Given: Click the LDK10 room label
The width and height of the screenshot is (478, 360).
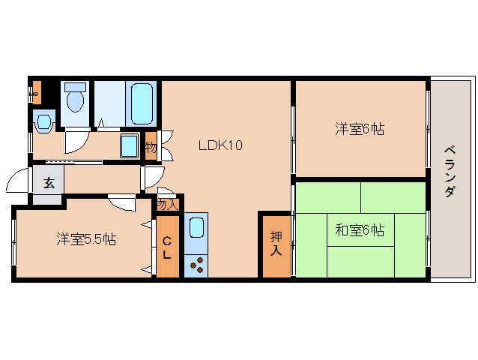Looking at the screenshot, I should pos(220,145).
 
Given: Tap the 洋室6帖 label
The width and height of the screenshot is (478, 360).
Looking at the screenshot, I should pos(360,129).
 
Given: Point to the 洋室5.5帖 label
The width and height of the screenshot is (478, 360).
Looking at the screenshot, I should pos(86,239).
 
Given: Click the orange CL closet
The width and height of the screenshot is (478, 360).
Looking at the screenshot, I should pos(167,247).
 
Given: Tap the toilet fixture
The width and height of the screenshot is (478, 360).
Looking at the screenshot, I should pos(74,99).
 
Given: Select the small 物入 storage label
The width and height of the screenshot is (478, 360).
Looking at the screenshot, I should pos(167,204).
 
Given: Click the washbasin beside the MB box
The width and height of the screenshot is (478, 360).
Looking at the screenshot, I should pos(44,120).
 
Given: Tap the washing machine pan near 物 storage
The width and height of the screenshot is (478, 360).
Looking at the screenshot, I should pos(130,145).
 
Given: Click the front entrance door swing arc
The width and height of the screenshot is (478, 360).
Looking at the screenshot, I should pos(18,182).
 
